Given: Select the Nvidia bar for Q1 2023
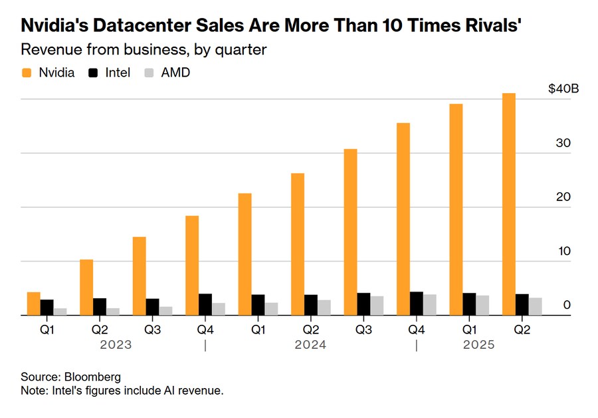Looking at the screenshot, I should click(x=34, y=304).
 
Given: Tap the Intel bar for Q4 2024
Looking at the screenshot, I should click(x=417, y=304).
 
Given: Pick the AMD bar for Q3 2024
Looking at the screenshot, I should click(x=377, y=306).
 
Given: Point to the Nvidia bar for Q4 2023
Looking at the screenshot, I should click(x=192, y=266).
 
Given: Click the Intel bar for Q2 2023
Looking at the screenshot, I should click(x=100, y=307).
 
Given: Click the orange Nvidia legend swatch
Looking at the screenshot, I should click(x=27, y=73).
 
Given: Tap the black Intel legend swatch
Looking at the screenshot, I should click(x=93, y=73).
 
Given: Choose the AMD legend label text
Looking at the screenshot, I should click(x=175, y=73).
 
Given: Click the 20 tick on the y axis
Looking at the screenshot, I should click(x=564, y=197).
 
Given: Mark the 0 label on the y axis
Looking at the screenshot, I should click(x=567, y=305).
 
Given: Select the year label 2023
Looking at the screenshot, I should click(x=116, y=345).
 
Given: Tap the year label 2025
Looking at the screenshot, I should click(x=479, y=345).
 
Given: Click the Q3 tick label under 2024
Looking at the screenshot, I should click(x=363, y=329).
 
